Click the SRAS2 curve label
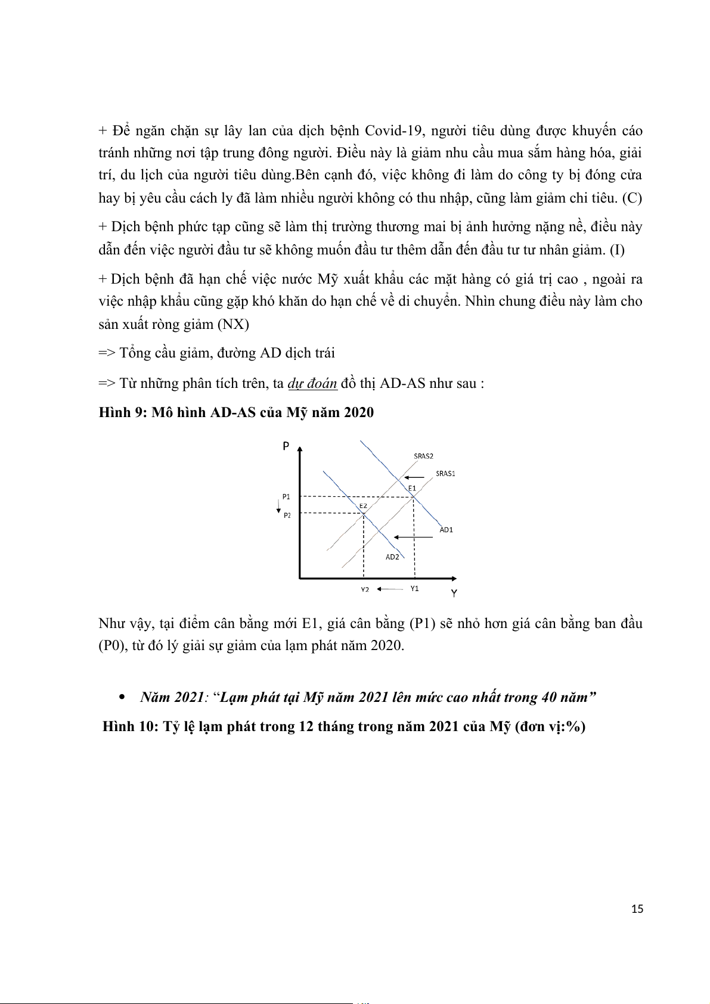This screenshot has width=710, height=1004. click(423, 456)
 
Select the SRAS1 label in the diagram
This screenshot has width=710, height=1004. click(445, 474)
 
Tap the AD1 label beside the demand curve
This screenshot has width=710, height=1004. click(446, 530)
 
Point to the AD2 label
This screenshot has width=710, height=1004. click(392, 557)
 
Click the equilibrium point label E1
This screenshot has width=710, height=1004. click(412, 488)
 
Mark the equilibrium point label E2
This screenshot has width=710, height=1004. click(363, 506)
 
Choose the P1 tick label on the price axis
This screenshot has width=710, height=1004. click(286, 496)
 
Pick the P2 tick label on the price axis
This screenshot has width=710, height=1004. click(287, 515)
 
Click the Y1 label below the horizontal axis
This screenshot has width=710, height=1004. click(414, 589)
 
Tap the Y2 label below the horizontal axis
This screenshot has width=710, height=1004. click(365, 590)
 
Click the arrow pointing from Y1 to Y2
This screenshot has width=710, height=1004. click(390, 589)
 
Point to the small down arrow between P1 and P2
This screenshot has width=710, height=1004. click(278, 507)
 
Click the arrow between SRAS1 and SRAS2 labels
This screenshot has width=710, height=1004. click(414, 477)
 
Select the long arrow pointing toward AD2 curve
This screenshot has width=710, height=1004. click(413, 537)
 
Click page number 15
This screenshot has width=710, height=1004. click(637, 909)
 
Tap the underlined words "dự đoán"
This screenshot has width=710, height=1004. click(312, 383)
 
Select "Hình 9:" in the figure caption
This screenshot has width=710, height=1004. click(122, 412)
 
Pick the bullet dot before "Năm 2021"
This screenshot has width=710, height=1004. click(123, 697)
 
